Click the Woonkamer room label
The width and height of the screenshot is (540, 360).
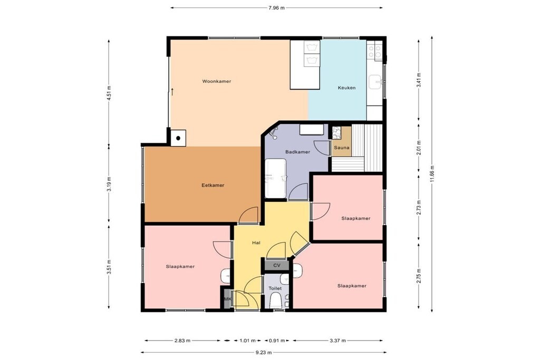[x=217, y=82]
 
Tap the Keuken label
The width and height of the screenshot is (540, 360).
[x=346, y=88]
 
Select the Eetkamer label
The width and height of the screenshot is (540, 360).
[x=213, y=185]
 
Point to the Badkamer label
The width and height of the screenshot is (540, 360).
[x=297, y=152]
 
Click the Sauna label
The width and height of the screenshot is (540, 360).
[x=342, y=148]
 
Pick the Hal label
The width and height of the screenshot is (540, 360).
[x=256, y=242]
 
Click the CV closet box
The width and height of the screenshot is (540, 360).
[x=276, y=265]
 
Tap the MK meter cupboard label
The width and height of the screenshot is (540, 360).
[x=227, y=299]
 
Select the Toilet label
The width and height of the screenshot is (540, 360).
[x=275, y=288]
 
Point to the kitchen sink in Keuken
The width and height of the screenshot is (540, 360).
[x=375, y=82]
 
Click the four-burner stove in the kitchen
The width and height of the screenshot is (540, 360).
[x=375, y=52]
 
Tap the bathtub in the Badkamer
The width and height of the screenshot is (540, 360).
[x=275, y=178]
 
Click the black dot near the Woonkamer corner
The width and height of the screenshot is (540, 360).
[x=178, y=138]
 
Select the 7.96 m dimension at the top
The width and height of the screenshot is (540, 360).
[x=276, y=7]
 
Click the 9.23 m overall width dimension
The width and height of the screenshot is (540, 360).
[x=264, y=352]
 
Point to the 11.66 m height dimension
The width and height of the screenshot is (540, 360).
[x=432, y=174]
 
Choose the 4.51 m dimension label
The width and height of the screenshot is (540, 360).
[x=109, y=93]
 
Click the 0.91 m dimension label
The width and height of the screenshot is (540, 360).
[x=277, y=340]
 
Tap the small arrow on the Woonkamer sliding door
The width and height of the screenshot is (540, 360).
[x=172, y=92]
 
